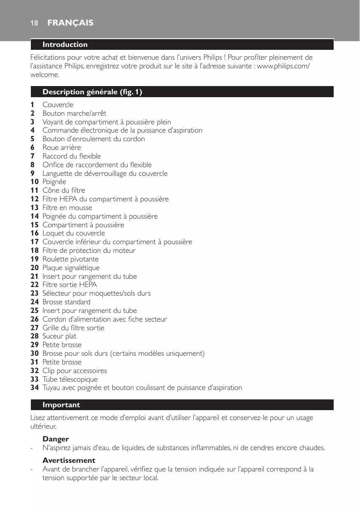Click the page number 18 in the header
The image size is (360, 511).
(x=34, y=23)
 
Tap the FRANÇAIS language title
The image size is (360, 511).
(x=70, y=23)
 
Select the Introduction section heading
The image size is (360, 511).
(x=65, y=44)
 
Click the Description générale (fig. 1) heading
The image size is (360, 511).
(x=92, y=92)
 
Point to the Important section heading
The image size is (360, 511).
(x=61, y=405)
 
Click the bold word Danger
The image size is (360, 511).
(x=56, y=439)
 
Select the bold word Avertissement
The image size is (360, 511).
(x=69, y=460)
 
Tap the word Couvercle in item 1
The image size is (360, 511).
(x=58, y=105)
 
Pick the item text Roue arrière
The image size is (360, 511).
(x=62, y=147)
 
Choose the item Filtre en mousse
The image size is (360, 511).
(x=67, y=208)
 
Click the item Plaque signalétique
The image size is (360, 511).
(x=71, y=268)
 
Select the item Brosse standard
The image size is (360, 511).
(x=66, y=302)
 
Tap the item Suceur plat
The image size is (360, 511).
(x=59, y=336)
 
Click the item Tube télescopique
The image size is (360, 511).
(x=70, y=379)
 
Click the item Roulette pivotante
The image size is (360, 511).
(x=70, y=259)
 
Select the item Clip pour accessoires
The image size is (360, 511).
(x=74, y=371)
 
